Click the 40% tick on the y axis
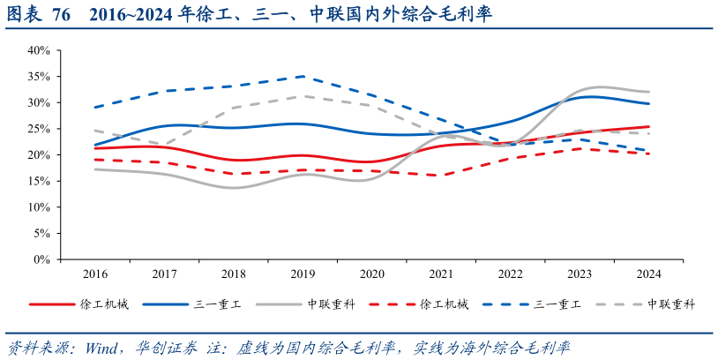click(38, 50)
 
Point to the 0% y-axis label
click(41, 259)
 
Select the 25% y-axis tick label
click(38, 129)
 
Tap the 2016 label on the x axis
click(94, 274)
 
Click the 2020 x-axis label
click(371, 274)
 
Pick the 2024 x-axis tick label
click(648, 274)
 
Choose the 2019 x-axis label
click(303, 274)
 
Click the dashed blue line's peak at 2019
click(303, 77)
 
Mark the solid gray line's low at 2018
click(233, 188)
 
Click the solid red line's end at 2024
click(648, 127)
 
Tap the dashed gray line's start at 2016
click(94, 131)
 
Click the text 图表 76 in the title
click(39, 16)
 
